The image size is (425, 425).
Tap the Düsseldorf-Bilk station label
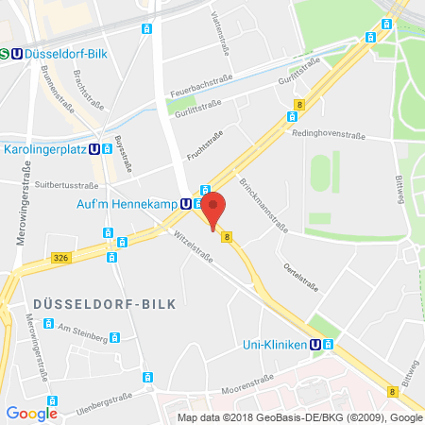(x=66, y=54)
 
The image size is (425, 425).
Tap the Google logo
(x=31, y=412)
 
